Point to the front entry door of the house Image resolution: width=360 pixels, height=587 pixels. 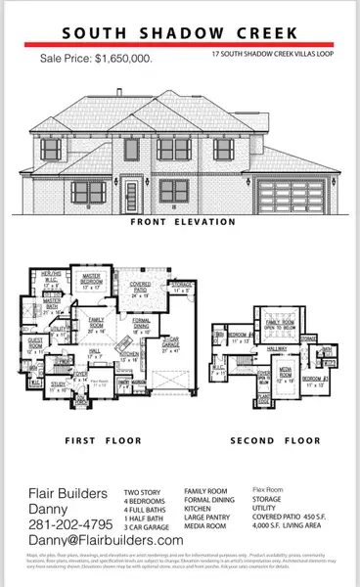131,190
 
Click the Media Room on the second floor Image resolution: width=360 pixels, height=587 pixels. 286,376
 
